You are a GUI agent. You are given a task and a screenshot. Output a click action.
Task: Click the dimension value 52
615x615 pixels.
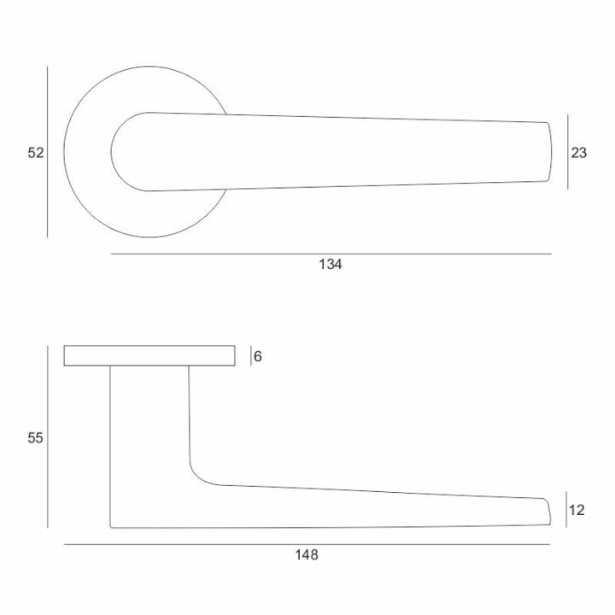35,153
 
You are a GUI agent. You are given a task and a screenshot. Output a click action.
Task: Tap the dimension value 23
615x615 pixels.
578,153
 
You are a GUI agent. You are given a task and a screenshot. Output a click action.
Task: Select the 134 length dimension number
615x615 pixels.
331,264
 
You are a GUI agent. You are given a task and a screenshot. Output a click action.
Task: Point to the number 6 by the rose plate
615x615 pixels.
258,356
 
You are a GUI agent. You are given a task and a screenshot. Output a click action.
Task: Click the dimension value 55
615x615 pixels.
35,437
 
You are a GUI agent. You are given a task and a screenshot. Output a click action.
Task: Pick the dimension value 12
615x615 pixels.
577,510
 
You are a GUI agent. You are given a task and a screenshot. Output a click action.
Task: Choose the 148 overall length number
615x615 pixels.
307,555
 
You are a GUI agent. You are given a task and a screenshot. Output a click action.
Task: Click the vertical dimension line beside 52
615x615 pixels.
48,151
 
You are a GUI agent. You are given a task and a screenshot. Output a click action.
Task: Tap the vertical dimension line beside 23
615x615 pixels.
567,152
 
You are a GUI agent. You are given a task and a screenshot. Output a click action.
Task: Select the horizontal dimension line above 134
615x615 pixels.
331,254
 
